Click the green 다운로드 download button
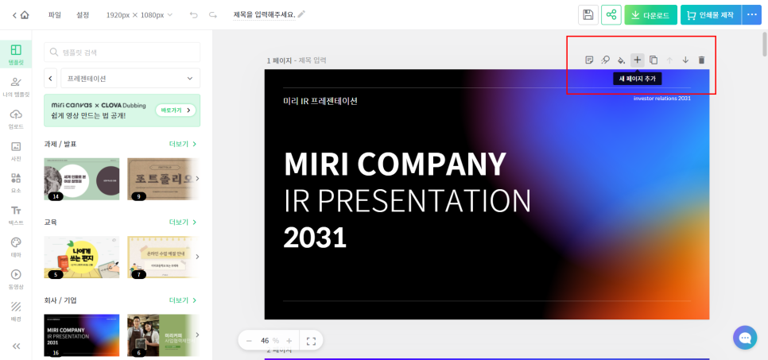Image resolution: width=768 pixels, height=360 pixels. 650,15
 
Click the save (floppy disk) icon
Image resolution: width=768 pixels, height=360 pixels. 588,15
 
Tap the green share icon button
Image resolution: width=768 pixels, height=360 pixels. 611,15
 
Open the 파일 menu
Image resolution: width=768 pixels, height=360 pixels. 54,15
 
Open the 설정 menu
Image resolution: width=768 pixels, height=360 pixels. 83,15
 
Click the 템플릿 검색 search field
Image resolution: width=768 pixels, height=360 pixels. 122,52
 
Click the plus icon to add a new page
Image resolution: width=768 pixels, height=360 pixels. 638,60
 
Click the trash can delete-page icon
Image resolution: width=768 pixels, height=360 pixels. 701,60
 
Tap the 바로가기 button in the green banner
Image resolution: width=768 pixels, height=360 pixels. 176,110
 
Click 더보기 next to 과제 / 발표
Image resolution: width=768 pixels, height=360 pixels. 182,144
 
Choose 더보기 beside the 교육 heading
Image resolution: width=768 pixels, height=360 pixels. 182,223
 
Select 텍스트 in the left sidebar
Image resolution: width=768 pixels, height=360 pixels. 16,215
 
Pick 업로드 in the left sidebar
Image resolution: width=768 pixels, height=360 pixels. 16,118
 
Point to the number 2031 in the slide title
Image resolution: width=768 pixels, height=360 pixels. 315,237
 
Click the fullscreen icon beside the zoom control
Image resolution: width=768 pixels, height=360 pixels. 311,340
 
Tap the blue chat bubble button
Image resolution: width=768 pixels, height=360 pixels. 745,338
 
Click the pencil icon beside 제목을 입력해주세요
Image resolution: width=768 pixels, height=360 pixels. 301,15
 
